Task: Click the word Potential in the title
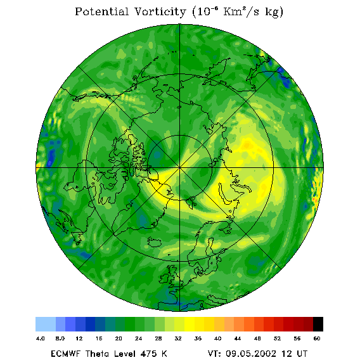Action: (101, 11)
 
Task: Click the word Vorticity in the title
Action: (160, 11)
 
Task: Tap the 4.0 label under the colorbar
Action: (41, 338)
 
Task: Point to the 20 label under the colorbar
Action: (119, 338)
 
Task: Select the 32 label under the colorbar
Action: (178, 338)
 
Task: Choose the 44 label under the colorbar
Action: (238, 338)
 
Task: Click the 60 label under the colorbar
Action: (317, 338)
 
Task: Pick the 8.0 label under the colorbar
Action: (60, 338)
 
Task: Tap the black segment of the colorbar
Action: (318, 324)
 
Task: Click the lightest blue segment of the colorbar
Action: (46, 324)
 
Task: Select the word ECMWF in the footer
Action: (66, 354)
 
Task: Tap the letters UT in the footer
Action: (302, 354)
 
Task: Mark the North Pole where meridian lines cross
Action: (180, 167)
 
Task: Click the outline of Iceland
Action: (154, 241)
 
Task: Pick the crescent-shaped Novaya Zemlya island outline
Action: (224, 193)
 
